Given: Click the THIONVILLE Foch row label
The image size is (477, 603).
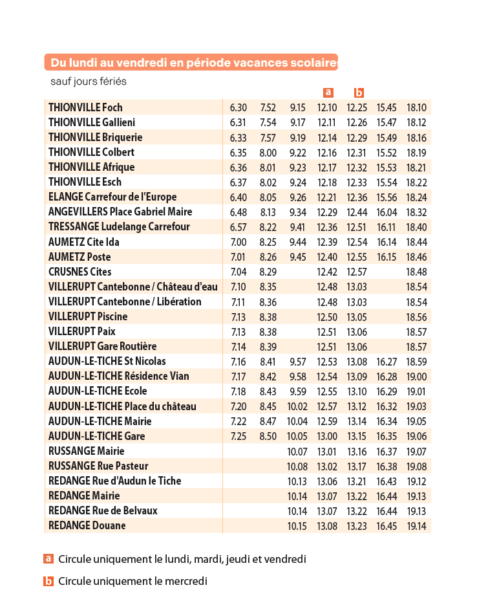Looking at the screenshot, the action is pos(85,107).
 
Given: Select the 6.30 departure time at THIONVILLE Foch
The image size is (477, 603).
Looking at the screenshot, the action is pos(238,107).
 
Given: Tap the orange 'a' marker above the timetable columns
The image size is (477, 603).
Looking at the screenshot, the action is pos(328,93).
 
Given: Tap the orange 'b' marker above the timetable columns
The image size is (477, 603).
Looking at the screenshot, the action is pos(359,93).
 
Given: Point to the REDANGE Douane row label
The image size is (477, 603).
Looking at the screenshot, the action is pos(87,525).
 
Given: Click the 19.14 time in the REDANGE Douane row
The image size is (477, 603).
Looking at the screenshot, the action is pos(417,526).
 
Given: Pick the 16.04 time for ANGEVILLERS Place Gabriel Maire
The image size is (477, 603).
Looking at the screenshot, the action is pos(387,212).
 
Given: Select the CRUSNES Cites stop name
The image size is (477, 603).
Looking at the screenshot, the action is pos(80,272).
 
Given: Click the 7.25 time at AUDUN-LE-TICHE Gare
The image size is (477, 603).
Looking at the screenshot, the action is pos(238,437).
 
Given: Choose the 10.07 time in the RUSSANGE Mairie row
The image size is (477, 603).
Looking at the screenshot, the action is pos(297,452).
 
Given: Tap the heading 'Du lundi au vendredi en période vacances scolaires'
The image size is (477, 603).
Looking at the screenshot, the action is pos(194,62).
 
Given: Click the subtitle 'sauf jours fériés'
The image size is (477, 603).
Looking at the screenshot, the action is pos(89,82).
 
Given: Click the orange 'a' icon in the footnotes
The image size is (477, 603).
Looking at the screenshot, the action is pos(48,558).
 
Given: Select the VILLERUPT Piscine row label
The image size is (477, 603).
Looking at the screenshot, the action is pos(88,316).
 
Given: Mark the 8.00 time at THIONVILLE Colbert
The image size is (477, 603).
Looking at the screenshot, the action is pos(268,153).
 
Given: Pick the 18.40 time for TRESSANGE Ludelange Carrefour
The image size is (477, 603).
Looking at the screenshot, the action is pos(417,227).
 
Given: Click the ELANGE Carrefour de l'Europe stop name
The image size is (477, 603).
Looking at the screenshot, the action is pos(112,197).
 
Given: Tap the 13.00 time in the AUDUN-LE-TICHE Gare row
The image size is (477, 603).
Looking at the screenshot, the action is pos(327,437).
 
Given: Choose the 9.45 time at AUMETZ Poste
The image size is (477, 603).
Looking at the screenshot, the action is pos(298,257).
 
